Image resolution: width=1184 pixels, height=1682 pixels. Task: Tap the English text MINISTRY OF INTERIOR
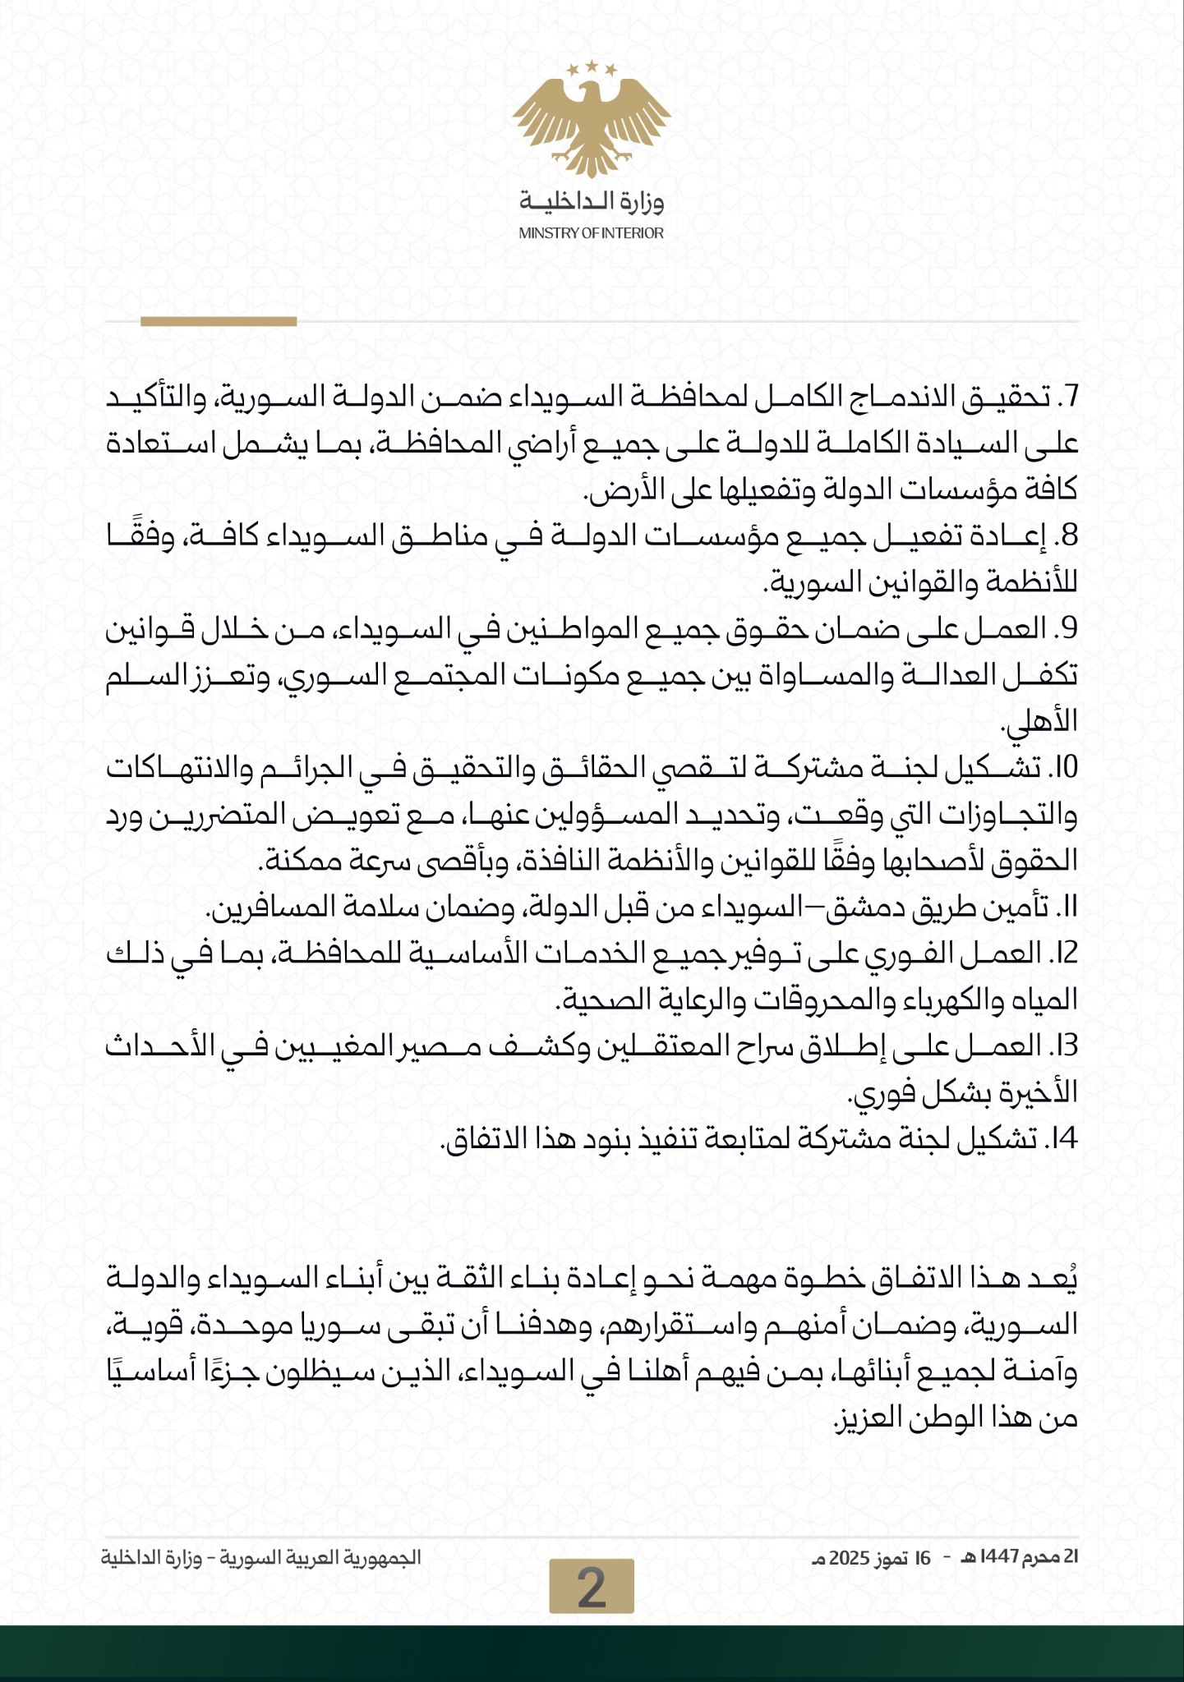(592, 233)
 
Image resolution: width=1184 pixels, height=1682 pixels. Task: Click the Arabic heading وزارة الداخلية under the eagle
(592, 201)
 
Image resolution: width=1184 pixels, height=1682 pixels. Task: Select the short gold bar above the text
(219, 322)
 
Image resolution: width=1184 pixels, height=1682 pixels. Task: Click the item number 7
(1068, 399)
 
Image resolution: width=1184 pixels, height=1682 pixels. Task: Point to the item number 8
(1068, 537)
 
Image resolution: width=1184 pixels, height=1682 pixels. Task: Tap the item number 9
(1068, 630)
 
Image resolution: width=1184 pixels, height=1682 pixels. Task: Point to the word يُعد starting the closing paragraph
(1056, 1279)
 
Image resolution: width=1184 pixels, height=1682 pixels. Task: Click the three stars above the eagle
(592, 69)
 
